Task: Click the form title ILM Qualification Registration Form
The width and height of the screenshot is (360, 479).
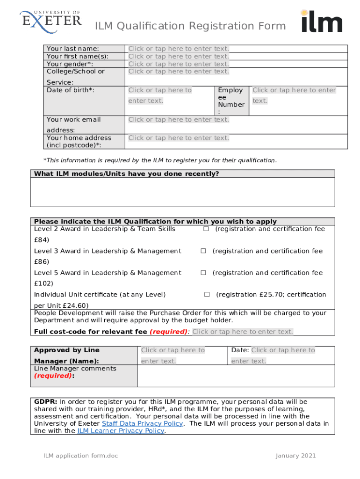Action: click(190, 26)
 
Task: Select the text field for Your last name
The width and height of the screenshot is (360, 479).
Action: click(179, 49)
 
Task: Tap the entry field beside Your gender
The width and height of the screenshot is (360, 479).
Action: click(179, 64)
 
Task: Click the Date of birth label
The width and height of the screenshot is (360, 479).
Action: click(70, 90)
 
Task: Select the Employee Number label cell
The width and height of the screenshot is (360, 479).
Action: click(231, 100)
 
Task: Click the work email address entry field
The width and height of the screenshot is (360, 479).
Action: click(179, 120)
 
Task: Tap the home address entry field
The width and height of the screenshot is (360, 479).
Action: click(179, 138)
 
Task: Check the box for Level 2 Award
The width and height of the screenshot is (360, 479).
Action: click(206, 229)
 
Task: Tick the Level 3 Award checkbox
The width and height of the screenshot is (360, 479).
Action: click(203, 251)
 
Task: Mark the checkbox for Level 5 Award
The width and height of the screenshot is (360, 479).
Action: click(203, 273)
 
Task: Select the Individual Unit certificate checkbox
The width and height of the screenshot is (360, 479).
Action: click(207, 295)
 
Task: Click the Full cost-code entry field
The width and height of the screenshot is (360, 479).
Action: click(243, 332)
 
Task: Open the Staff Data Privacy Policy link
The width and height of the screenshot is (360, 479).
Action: click(142, 424)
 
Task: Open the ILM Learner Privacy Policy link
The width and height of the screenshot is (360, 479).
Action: click(121, 431)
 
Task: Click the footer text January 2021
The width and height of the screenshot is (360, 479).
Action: click(295, 456)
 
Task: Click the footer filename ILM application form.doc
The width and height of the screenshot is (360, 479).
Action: click(75, 456)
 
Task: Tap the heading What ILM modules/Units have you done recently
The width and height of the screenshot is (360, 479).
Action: click(126, 174)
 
